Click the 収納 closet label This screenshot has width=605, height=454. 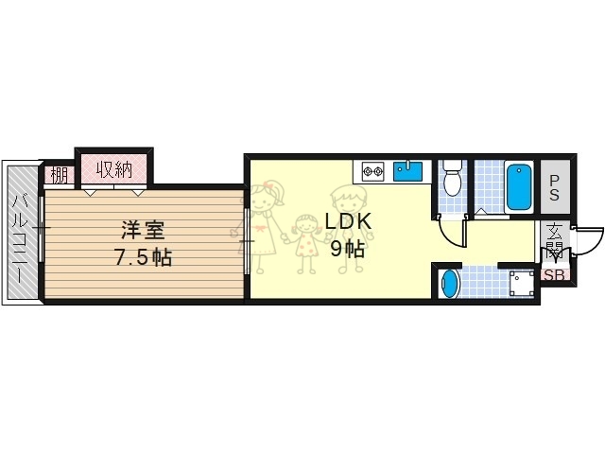[x=113, y=170]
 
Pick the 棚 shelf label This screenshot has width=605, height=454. [x=59, y=175]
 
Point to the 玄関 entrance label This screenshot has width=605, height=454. [x=553, y=244]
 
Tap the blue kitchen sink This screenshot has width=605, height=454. [x=407, y=171]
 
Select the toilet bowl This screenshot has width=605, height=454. [x=452, y=176]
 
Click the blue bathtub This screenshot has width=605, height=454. [x=519, y=187]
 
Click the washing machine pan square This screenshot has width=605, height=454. [x=520, y=283]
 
